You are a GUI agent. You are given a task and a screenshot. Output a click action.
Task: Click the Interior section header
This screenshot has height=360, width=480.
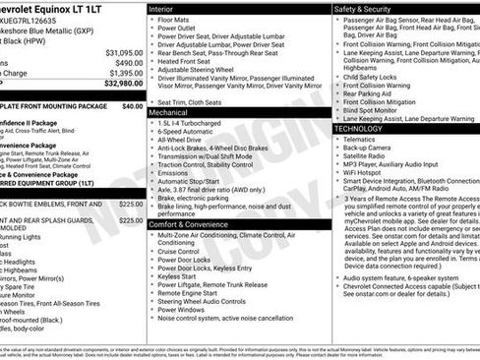pos(161,8)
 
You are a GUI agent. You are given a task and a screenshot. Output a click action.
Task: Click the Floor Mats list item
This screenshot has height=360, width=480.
pos(174,20)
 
